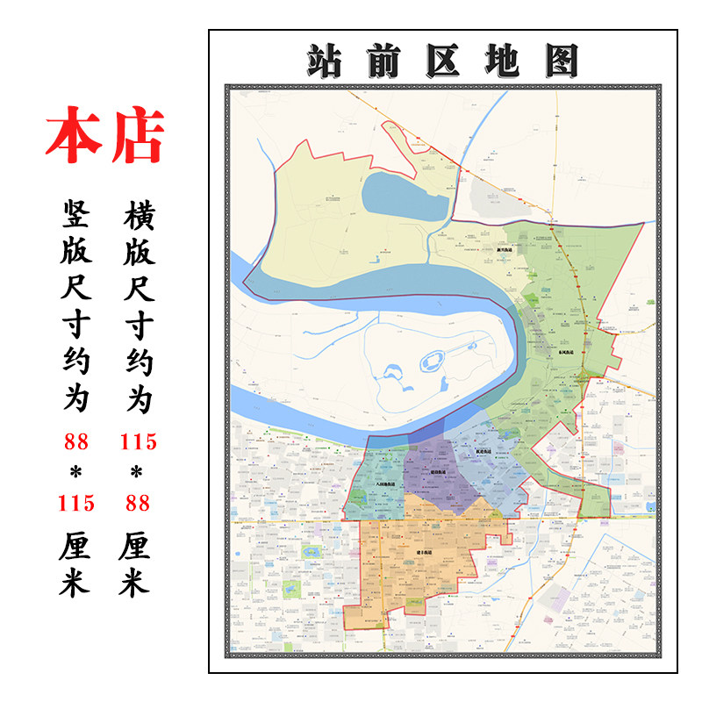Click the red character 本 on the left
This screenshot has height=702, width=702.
pyautogui.click(x=74, y=137)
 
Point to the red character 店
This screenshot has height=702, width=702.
pyautogui.click(x=137, y=137)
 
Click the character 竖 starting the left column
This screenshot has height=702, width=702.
pyautogui.click(x=76, y=212)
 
